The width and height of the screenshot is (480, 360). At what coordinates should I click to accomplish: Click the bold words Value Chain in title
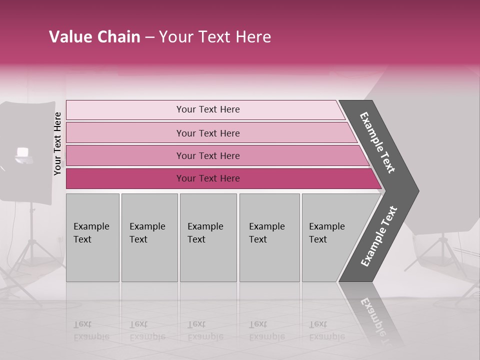pos(94,37)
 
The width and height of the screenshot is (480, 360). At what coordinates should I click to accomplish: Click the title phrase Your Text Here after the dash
pos(215,37)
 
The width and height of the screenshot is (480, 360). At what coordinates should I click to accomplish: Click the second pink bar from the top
pos(208,133)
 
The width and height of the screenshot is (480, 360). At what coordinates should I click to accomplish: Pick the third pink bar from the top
pos(208,155)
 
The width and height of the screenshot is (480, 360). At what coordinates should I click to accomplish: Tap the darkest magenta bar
pos(208,178)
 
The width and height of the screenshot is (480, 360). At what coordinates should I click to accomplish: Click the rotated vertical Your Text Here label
pos(57,143)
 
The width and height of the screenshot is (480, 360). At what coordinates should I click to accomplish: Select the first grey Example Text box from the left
pos(92,237)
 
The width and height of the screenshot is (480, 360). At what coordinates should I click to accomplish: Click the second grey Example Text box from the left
pos(149,237)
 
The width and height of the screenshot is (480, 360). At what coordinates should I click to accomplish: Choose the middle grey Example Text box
pos(208,237)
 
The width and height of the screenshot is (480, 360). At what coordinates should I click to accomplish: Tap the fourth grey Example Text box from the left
pos(269,237)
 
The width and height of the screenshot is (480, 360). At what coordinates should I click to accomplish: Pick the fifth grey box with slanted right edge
pos(330,237)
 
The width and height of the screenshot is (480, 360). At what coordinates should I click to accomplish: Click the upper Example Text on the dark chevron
pos(377,142)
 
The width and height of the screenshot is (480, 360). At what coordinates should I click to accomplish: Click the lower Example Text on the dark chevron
pos(379,236)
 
